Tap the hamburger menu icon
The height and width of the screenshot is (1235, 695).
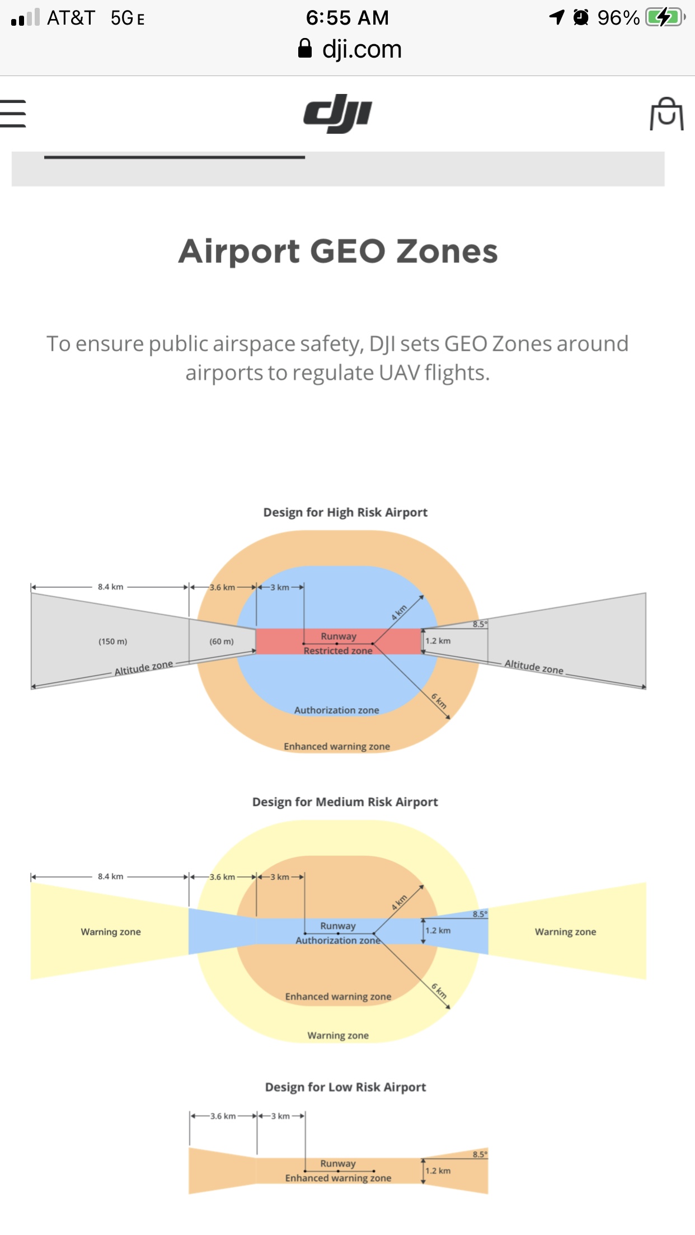pos(13,114)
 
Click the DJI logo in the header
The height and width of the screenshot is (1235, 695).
pos(337,114)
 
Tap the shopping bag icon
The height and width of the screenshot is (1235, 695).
pos(666,114)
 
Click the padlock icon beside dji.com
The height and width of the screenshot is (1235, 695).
pos(305,49)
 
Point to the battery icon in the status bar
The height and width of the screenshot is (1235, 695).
pos(665,17)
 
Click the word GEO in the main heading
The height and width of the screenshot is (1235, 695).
pos(347,251)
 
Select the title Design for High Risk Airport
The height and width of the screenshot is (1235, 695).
pos(345,512)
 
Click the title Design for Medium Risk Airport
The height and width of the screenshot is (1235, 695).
pos(345,802)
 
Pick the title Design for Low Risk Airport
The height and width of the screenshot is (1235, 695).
pos(345,1087)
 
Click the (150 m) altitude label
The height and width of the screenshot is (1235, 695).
pos(113,642)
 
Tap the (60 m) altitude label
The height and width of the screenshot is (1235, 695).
pos(222,642)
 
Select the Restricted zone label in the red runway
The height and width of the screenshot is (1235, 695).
pos(338,651)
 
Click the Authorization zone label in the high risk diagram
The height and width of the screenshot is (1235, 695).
pos(337,710)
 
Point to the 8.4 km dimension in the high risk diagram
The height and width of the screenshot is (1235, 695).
pos(110,587)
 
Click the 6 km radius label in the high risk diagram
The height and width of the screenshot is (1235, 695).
pos(439,701)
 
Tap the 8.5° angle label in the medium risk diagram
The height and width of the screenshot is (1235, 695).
pos(480,914)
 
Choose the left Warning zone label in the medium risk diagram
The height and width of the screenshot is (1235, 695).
pos(111,932)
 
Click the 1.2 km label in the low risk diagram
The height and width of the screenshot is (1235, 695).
pos(438,1171)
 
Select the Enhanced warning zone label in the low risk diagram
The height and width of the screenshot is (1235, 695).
pos(338,1178)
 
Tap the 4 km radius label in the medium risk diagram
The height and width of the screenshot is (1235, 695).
pos(399,903)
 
